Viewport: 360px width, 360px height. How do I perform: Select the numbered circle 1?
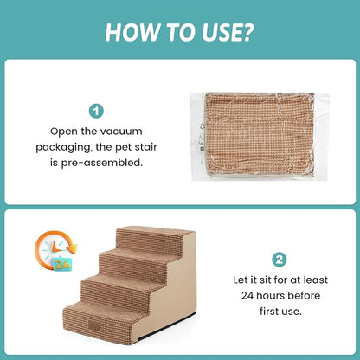tap(97, 111)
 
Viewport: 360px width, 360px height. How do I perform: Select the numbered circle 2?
tap(280, 259)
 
